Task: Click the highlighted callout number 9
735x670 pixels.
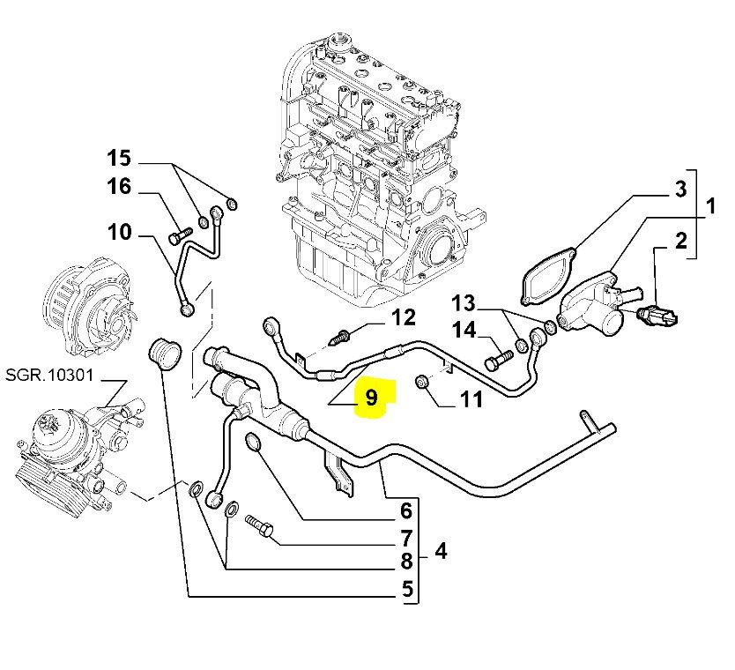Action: tap(371, 398)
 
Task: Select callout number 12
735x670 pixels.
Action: tap(403, 318)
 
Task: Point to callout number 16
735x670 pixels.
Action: tap(119, 186)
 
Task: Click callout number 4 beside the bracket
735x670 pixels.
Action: tap(441, 552)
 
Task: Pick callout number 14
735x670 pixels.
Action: tap(464, 331)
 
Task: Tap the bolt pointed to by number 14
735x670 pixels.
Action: tap(498, 361)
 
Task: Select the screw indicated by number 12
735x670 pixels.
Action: tap(340, 335)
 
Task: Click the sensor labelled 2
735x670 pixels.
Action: tap(658, 316)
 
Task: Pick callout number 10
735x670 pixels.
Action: tap(119, 233)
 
